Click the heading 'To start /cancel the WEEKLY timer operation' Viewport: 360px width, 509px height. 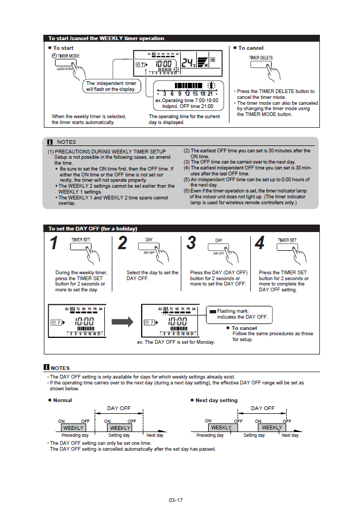point(106,38)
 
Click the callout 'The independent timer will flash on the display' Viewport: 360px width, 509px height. point(111,86)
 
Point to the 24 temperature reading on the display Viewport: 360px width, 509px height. point(188,63)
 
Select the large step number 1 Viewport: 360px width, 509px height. point(54,243)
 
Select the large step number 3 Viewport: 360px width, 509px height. point(192,243)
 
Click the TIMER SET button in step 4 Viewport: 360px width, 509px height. point(287,248)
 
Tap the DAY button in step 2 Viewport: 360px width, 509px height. point(150,248)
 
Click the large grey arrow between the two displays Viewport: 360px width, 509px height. point(122,321)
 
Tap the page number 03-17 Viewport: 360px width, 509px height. point(175,500)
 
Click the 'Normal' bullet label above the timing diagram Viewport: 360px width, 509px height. point(62,400)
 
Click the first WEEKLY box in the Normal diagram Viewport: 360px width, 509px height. point(73,428)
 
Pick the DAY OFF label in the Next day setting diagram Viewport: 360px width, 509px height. point(263,408)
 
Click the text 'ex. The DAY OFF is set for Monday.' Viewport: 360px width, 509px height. point(176,342)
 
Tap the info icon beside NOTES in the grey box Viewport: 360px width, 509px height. point(50,142)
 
